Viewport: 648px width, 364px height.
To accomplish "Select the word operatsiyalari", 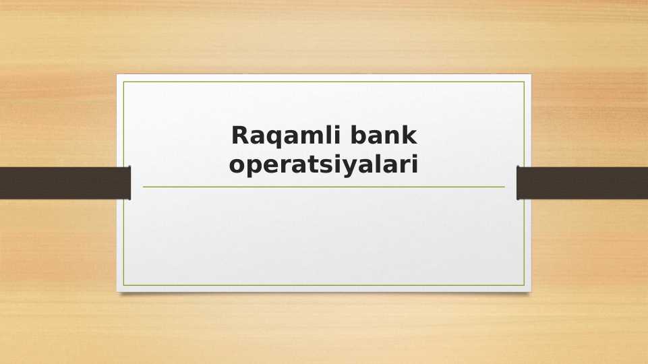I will click(x=324, y=164).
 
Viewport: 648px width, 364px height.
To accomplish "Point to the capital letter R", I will click(x=241, y=136).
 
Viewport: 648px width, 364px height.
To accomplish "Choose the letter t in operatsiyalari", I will click(x=316, y=163).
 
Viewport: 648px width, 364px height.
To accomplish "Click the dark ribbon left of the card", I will click(x=64, y=183).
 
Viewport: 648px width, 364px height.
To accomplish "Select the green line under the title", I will click(x=324, y=187).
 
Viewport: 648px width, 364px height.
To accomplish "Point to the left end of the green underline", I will click(x=144, y=187).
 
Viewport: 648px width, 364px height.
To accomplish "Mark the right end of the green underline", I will click(x=504, y=187).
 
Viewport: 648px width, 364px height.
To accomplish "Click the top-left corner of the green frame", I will click(x=123, y=82).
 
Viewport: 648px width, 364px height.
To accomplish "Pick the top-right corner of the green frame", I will click(x=524, y=82).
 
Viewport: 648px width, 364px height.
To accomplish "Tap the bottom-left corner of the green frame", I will click(x=123, y=285).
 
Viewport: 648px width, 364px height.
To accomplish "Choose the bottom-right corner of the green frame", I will click(x=524, y=285).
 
